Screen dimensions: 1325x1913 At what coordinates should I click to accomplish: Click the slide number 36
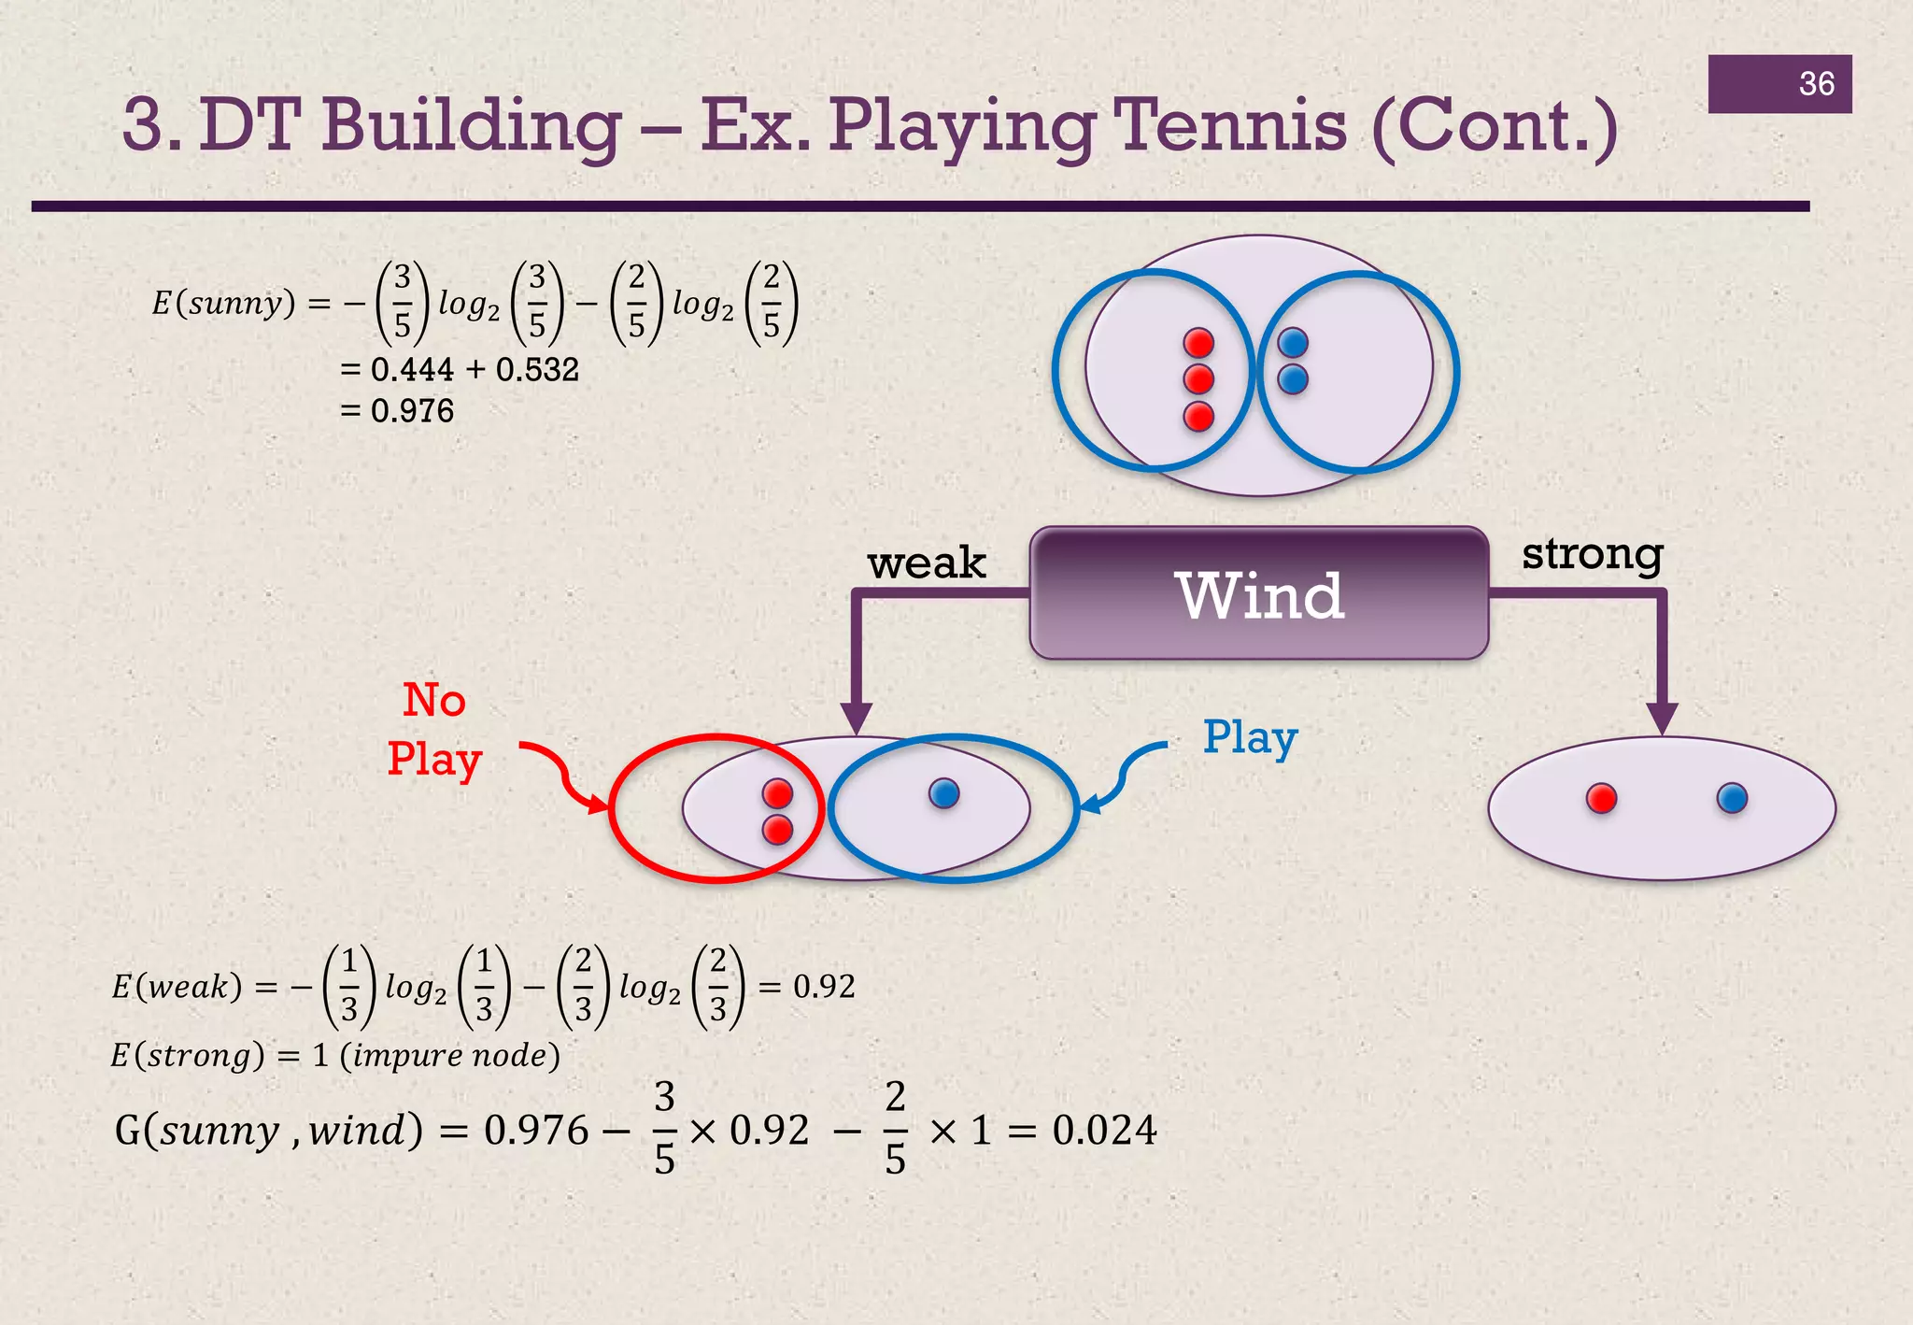click(1816, 84)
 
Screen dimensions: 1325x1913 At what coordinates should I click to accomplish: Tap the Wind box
click(1258, 595)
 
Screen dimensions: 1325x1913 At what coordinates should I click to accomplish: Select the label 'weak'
click(926, 563)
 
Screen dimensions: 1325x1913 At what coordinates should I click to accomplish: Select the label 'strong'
click(1592, 554)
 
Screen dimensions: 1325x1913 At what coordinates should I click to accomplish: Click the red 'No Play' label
click(434, 730)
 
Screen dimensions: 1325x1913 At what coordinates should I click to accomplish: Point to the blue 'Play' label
click(1250, 738)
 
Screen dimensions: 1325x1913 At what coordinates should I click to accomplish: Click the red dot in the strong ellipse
click(1601, 799)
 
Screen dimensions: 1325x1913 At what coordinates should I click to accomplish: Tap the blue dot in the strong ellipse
click(1732, 799)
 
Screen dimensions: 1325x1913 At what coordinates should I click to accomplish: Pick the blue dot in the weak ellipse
click(944, 794)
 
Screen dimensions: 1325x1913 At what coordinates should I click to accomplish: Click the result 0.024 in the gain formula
click(1104, 1131)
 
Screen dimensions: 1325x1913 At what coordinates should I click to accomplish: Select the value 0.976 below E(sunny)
click(412, 411)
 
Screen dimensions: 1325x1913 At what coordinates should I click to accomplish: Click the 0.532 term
click(537, 370)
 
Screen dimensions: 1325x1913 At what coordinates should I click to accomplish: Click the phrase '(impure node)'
click(449, 1056)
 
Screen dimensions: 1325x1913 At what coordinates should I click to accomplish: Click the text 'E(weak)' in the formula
click(177, 987)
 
